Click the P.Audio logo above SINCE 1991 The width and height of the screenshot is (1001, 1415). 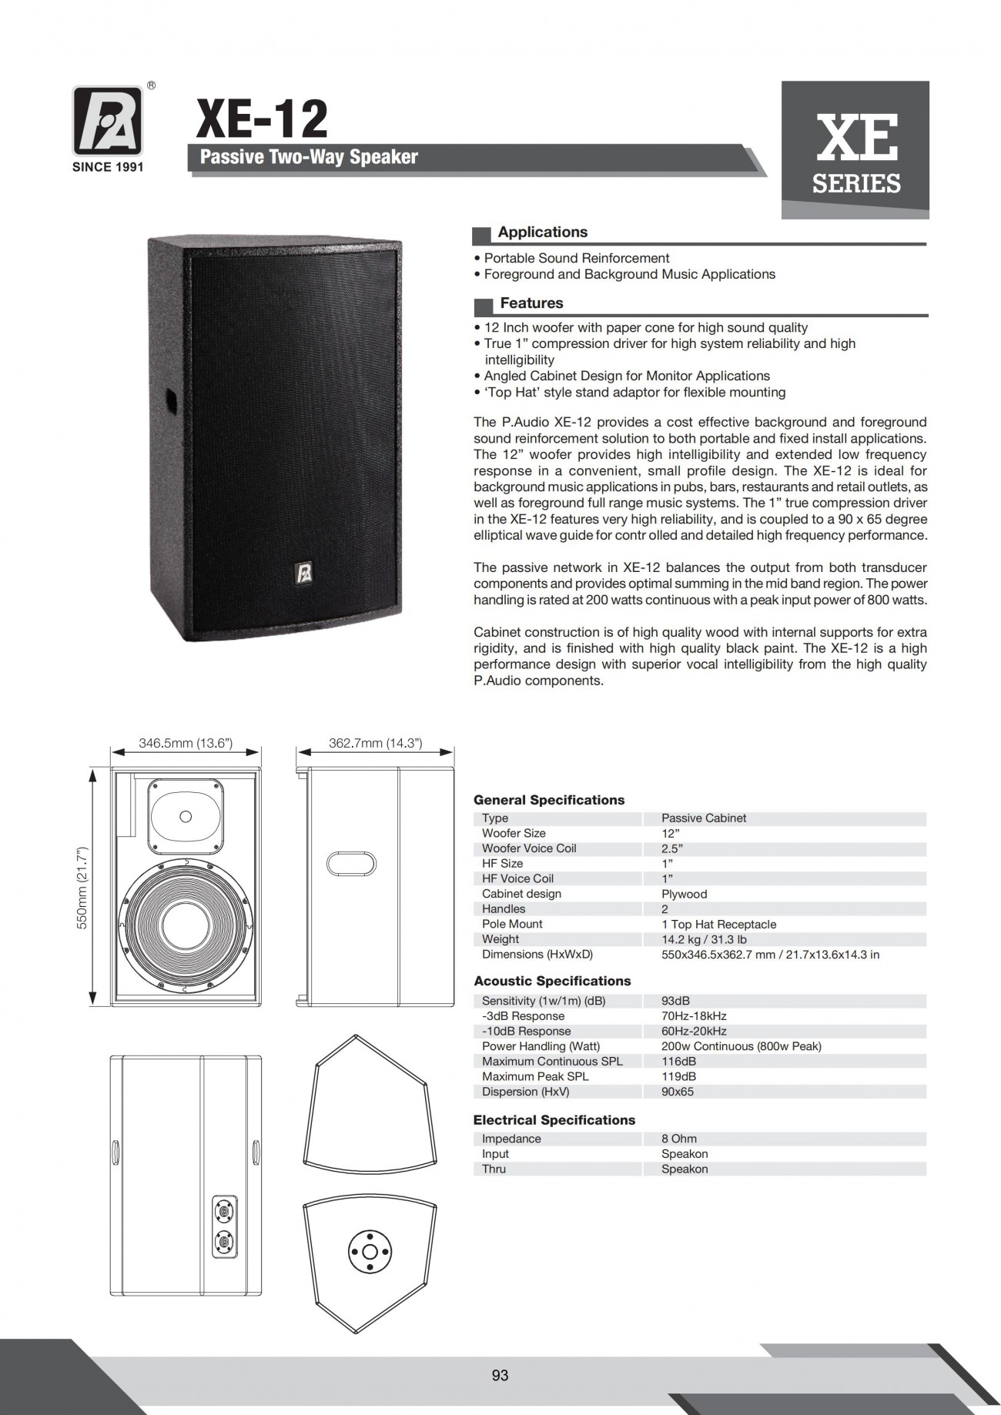tap(108, 121)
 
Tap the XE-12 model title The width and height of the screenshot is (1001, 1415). tap(262, 119)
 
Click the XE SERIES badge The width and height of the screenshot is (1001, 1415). tap(855, 150)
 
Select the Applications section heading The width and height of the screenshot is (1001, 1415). tap(542, 232)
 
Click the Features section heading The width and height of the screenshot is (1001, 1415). tap(531, 303)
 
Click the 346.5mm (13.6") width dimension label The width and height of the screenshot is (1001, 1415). tap(186, 743)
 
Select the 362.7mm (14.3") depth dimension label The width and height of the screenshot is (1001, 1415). tap(375, 743)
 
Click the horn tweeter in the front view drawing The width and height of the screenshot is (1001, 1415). tap(186, 816)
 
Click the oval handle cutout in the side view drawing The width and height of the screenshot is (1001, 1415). tap(351, 864)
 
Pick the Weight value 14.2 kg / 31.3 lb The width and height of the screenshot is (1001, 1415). tap(704, 939)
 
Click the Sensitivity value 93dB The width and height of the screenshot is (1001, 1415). tap(675, 1001)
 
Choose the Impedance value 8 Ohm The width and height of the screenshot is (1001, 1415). tap(678, 1139)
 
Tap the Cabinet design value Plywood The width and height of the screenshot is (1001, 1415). tap(684, 894)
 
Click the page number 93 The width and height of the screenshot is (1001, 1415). tap(500, 1375)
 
